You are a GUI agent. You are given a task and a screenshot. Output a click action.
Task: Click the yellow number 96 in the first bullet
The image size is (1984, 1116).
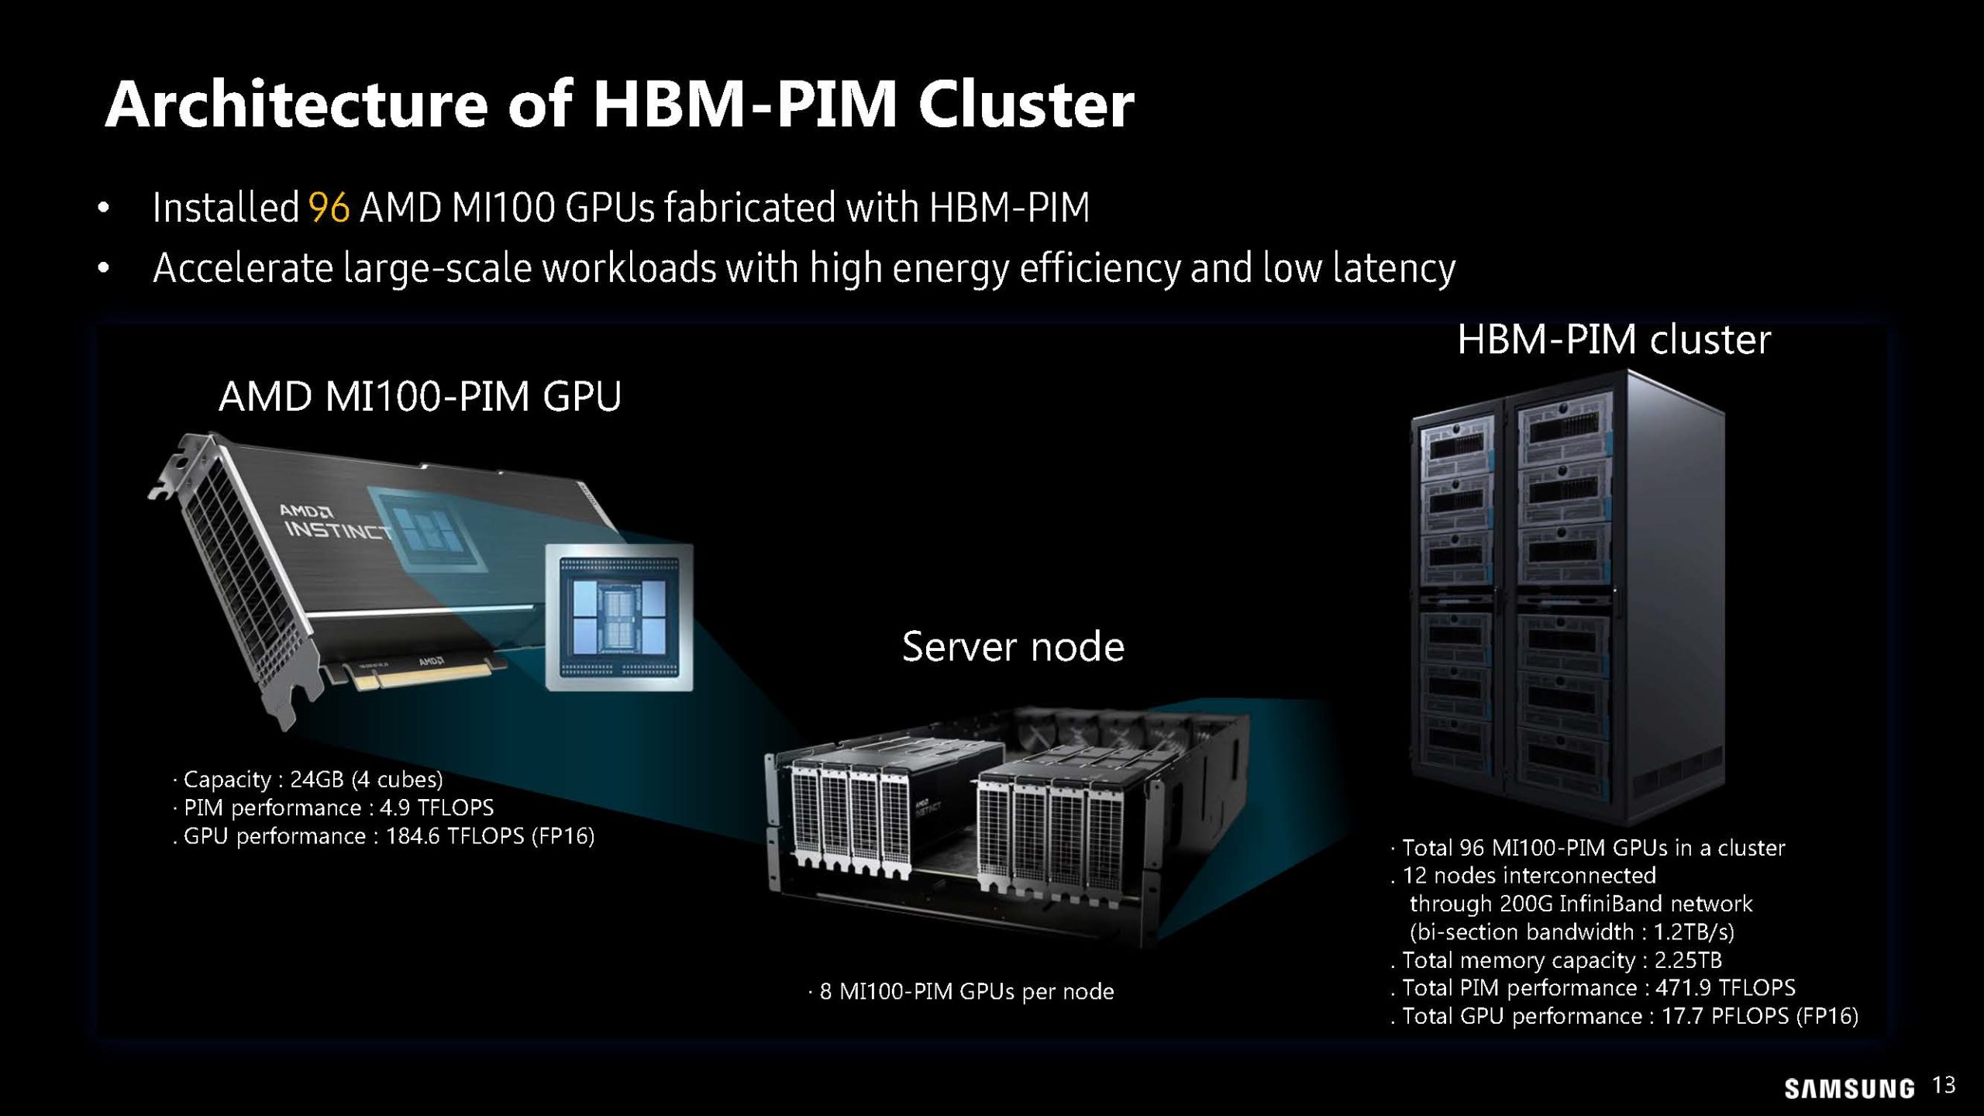pos(329,208)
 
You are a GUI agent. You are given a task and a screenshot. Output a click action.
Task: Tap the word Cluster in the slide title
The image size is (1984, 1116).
pos(1026,105)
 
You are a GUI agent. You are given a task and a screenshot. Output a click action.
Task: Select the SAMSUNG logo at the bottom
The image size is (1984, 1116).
pos(1849,1088)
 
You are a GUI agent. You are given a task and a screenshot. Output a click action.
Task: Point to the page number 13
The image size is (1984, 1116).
pos(1944,1085)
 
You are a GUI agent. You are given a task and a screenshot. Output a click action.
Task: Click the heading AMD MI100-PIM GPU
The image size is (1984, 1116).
pos(420,397)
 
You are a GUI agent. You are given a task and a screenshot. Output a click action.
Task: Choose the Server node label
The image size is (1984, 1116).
pos(1013,646)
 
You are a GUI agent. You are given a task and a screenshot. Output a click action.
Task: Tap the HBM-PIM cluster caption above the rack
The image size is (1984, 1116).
pos(1614,339)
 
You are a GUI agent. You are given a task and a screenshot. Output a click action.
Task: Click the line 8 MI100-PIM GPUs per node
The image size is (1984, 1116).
pos(961,991)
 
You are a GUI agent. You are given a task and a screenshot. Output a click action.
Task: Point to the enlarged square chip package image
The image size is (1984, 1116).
pos(619,617)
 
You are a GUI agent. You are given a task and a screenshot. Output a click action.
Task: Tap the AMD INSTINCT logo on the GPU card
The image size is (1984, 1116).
pos(333,523)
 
